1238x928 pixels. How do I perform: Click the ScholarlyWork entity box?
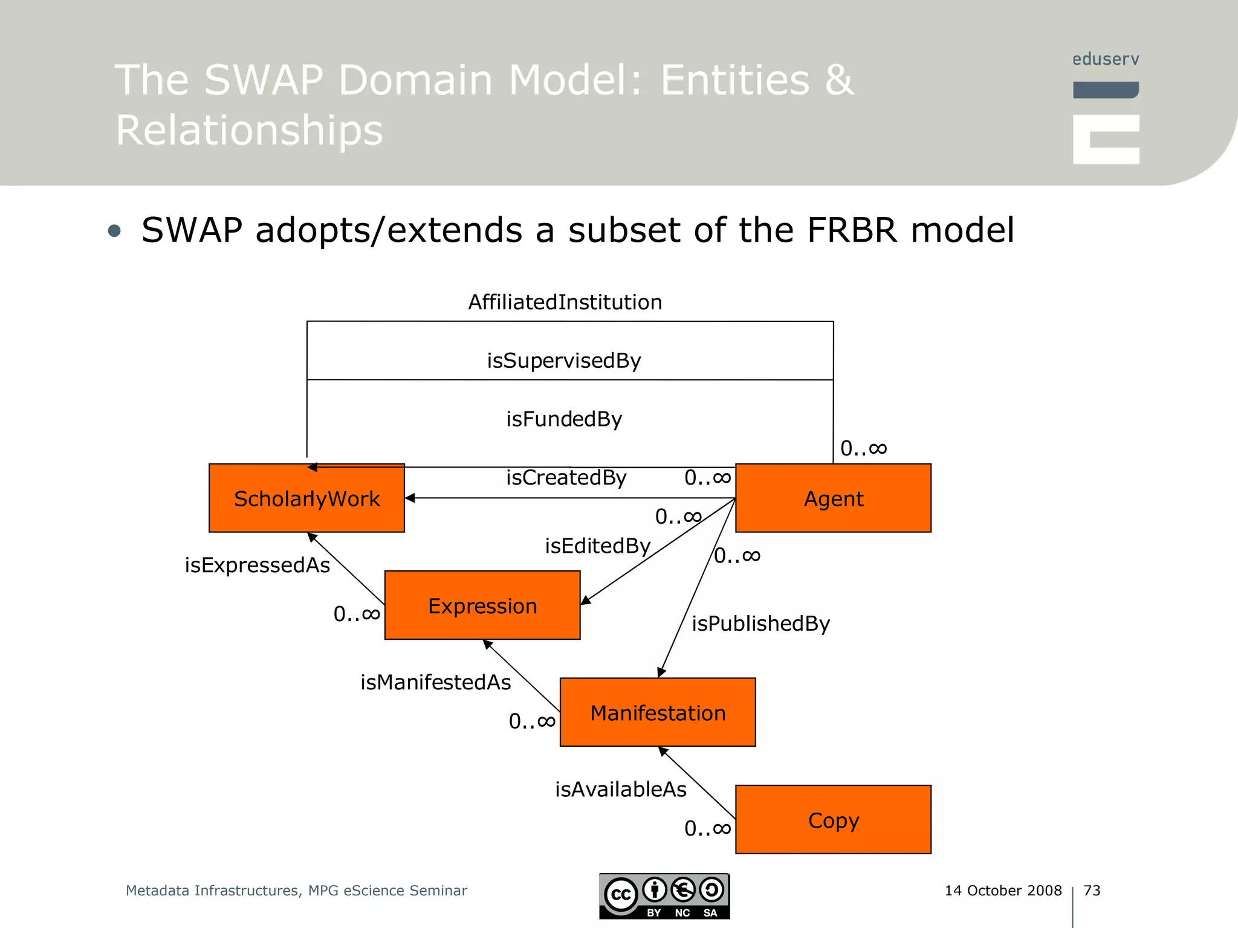(306, 498)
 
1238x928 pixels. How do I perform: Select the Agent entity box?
(833, 498)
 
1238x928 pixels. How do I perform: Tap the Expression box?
(482, 605)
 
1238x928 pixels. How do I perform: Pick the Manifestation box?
(658, 712)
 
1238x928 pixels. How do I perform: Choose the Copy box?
(833, 820)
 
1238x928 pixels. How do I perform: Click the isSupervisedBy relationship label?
(564, 361)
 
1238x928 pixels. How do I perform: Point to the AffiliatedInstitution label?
(565, 302)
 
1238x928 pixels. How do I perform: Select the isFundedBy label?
(564, 419)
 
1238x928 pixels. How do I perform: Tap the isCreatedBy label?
(566, 477)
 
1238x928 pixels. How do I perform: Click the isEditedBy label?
(597, 546)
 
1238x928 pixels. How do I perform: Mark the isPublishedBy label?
(760, 623)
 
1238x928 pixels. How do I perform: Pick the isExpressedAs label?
(257, 565)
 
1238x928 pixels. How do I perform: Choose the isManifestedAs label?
(435, 682)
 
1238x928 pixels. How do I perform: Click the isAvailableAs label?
(621, 789)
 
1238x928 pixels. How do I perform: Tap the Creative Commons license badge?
(664, 897)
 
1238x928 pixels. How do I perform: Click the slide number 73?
(1092, 891)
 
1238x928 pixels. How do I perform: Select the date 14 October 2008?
(1003, 891)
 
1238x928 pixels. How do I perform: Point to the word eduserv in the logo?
(1106, 59)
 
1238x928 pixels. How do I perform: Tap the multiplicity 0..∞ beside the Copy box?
(707, 828)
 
